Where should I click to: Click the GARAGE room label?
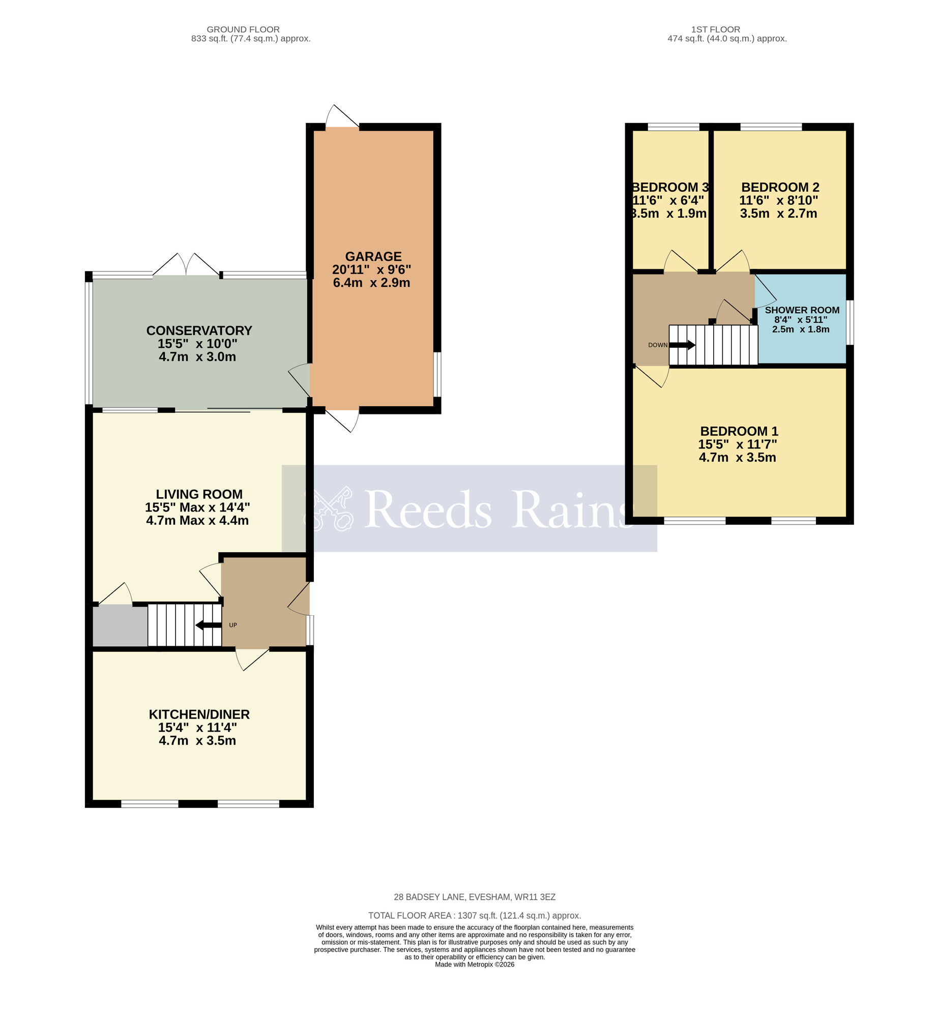[373, 256]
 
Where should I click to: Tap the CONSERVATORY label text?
[199, 331]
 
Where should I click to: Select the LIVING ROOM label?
[199, 494]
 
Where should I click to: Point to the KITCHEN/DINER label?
[199, 714]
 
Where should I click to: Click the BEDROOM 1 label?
[739, 431]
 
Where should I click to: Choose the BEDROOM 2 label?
[780, 187]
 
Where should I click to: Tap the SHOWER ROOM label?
[802, 310]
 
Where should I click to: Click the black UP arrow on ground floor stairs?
[208, 625]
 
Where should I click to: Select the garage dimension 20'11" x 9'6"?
[371, 270]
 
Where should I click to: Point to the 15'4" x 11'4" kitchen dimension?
[197, 728]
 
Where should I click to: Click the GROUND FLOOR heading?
[243, 29]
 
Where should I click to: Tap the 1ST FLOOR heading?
[715, 29]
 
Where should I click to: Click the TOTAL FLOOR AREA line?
[474, 916]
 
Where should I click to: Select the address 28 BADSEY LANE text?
[474, 898]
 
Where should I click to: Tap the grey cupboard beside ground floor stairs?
[120, 626]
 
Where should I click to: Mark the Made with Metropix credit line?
[474, 965]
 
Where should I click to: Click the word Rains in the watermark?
[572, 510]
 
